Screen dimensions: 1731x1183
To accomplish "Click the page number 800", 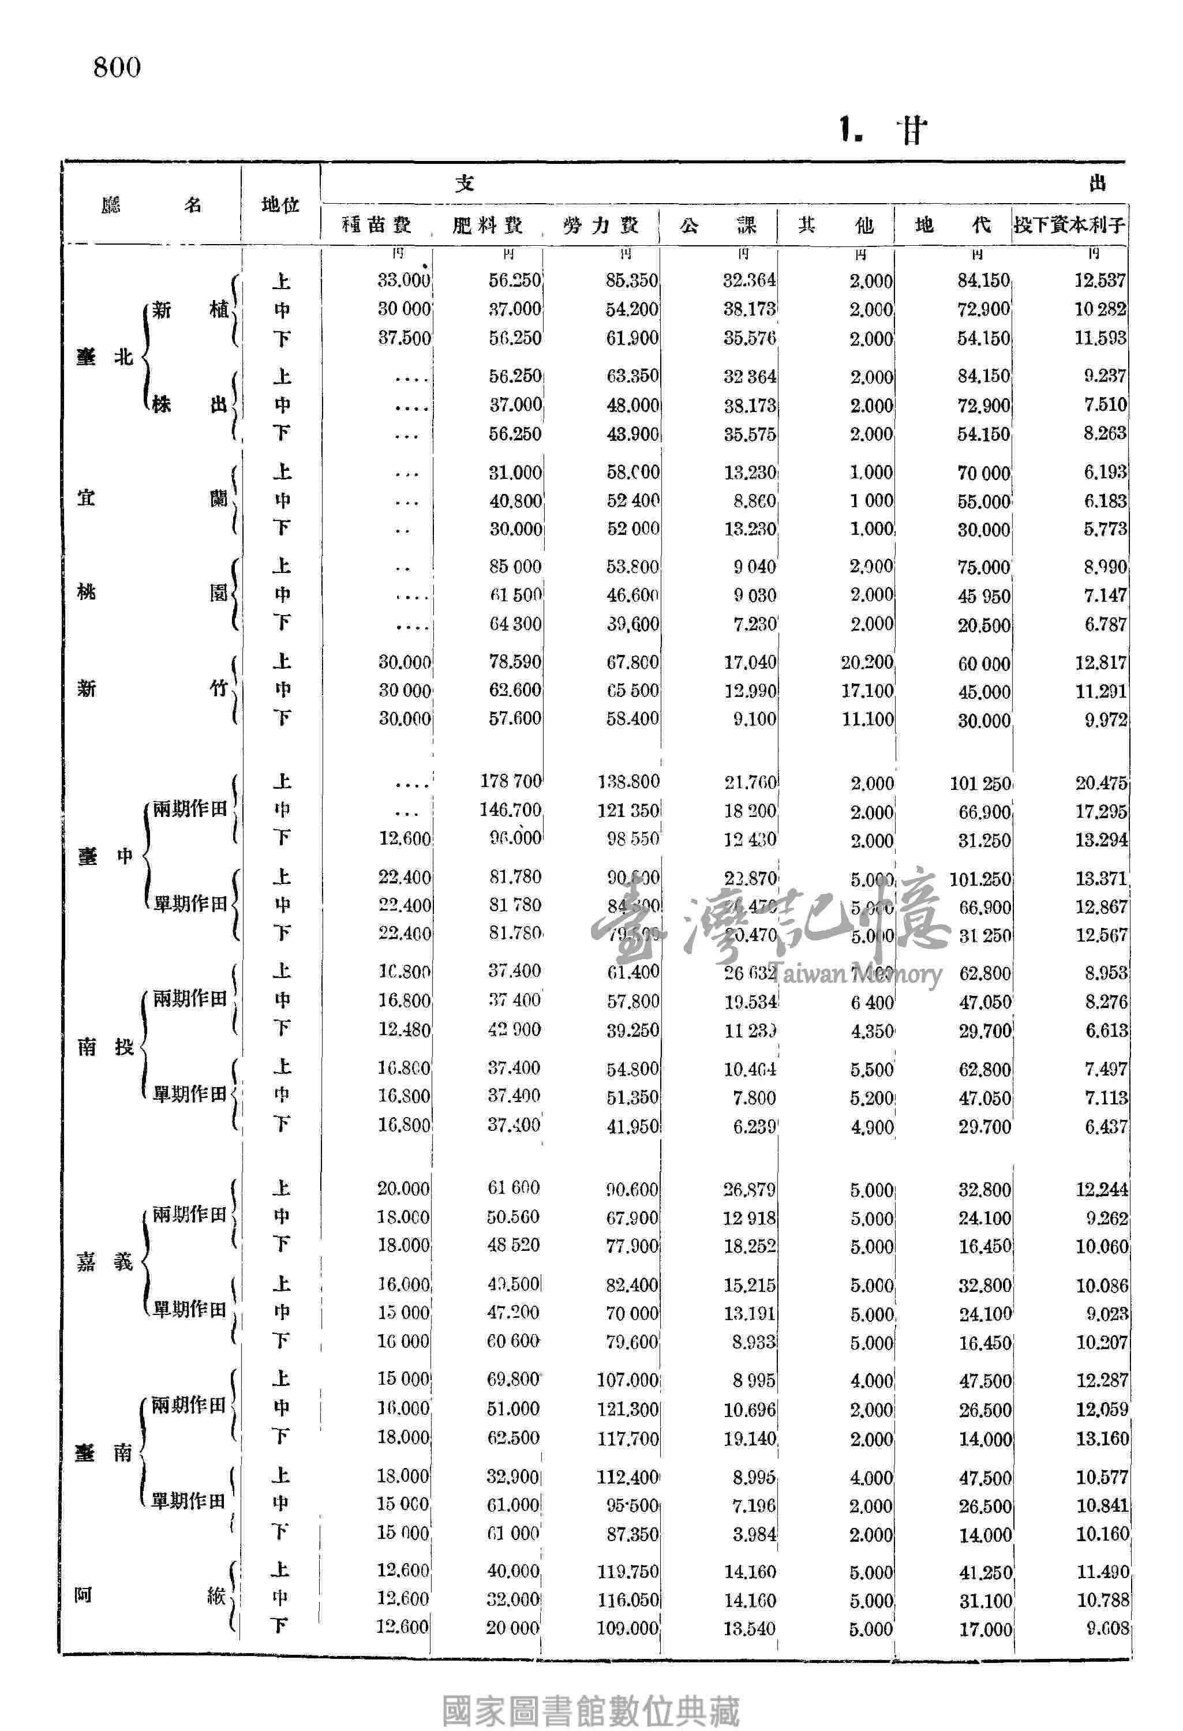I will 117,67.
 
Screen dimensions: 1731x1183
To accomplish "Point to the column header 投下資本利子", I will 1069,225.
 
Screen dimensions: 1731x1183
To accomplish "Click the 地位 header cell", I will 280,205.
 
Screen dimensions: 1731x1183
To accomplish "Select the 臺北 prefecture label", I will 104,358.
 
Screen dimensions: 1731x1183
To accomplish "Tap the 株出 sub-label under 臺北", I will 189,405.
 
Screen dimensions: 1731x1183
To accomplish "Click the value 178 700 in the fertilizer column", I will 511,781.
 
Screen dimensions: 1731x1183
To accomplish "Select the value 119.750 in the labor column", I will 627,1572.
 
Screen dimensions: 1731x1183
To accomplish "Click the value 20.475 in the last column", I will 1101,783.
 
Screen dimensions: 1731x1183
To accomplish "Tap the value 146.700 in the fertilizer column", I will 511,810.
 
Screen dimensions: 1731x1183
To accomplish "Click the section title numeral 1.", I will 849,130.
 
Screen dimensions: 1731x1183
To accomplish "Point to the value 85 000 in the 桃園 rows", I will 515,567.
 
